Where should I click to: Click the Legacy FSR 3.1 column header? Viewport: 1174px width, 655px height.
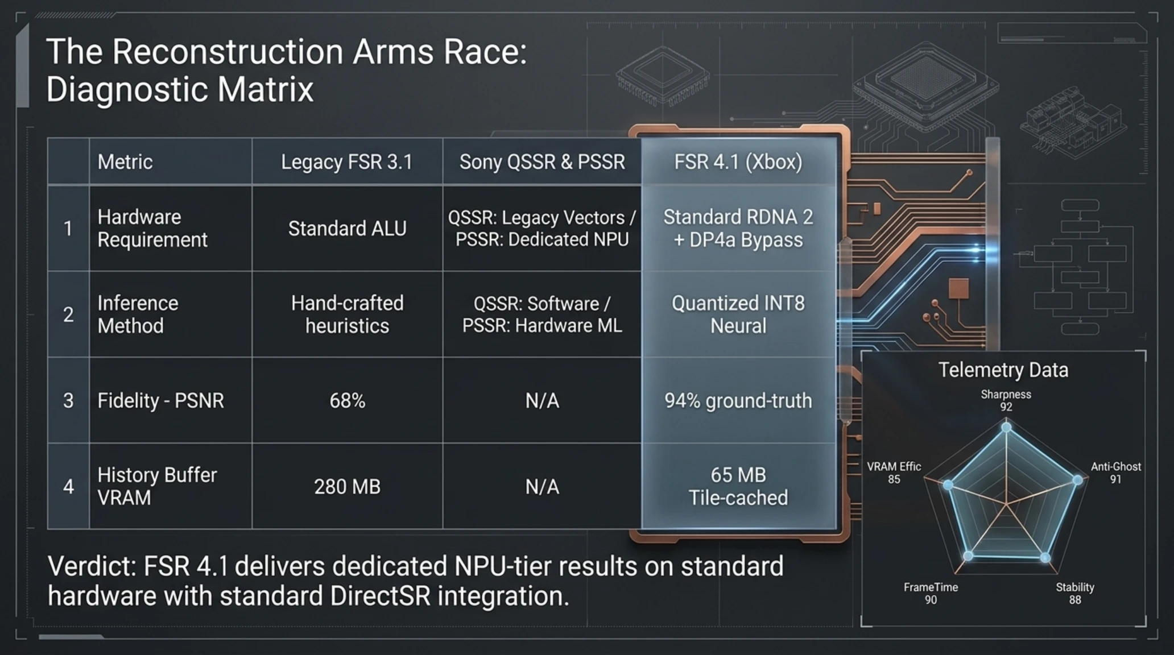click(x=347, y=162)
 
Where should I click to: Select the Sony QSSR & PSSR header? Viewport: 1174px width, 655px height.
click(x=542, y=162)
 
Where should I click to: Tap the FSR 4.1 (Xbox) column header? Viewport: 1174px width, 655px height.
click(x=738, y=162)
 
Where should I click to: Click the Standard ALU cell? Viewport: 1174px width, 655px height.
click(x=347, y=229)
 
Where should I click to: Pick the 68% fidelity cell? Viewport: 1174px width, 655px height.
click(x=347, y=401)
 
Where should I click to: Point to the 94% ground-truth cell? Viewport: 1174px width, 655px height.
click(x=738, y=401)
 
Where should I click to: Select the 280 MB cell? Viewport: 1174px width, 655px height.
click(x=347, y=487)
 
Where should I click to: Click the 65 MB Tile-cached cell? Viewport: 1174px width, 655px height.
click(x=738, y=486)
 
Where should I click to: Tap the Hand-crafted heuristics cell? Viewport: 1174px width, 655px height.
click(x=347, y=314)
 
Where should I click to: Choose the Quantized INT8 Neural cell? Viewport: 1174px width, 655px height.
click(x=738, y=314)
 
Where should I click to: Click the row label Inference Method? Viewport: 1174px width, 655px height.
click(x=138, y=314)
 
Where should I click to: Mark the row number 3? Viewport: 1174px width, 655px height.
click(x=68, y=401)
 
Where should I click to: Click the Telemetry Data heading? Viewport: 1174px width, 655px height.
click(x=1003, y=370)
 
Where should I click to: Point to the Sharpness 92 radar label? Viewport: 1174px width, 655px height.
click(x=1006, y=400)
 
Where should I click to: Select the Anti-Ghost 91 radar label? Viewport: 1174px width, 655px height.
click(x=1116, y=472)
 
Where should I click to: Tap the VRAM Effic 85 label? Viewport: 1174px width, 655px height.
click(x=894, y=472)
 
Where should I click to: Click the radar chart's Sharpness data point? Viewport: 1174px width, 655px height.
click(x=1006, y=427)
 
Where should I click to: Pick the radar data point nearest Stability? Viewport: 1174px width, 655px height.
click(x=1045, y=557)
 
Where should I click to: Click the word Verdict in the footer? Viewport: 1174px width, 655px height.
click(x=91, y=566)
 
